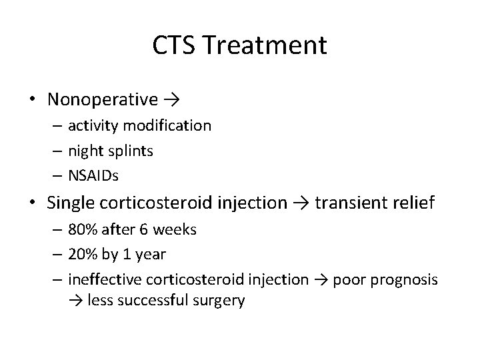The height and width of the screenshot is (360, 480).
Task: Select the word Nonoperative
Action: point(103,100)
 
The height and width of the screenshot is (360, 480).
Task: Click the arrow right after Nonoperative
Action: point(172,101)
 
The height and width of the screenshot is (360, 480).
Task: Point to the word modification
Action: point(173,125)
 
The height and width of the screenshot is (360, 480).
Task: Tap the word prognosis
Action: point(407,280)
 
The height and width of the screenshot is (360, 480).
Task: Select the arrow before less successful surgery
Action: point(75,301)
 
